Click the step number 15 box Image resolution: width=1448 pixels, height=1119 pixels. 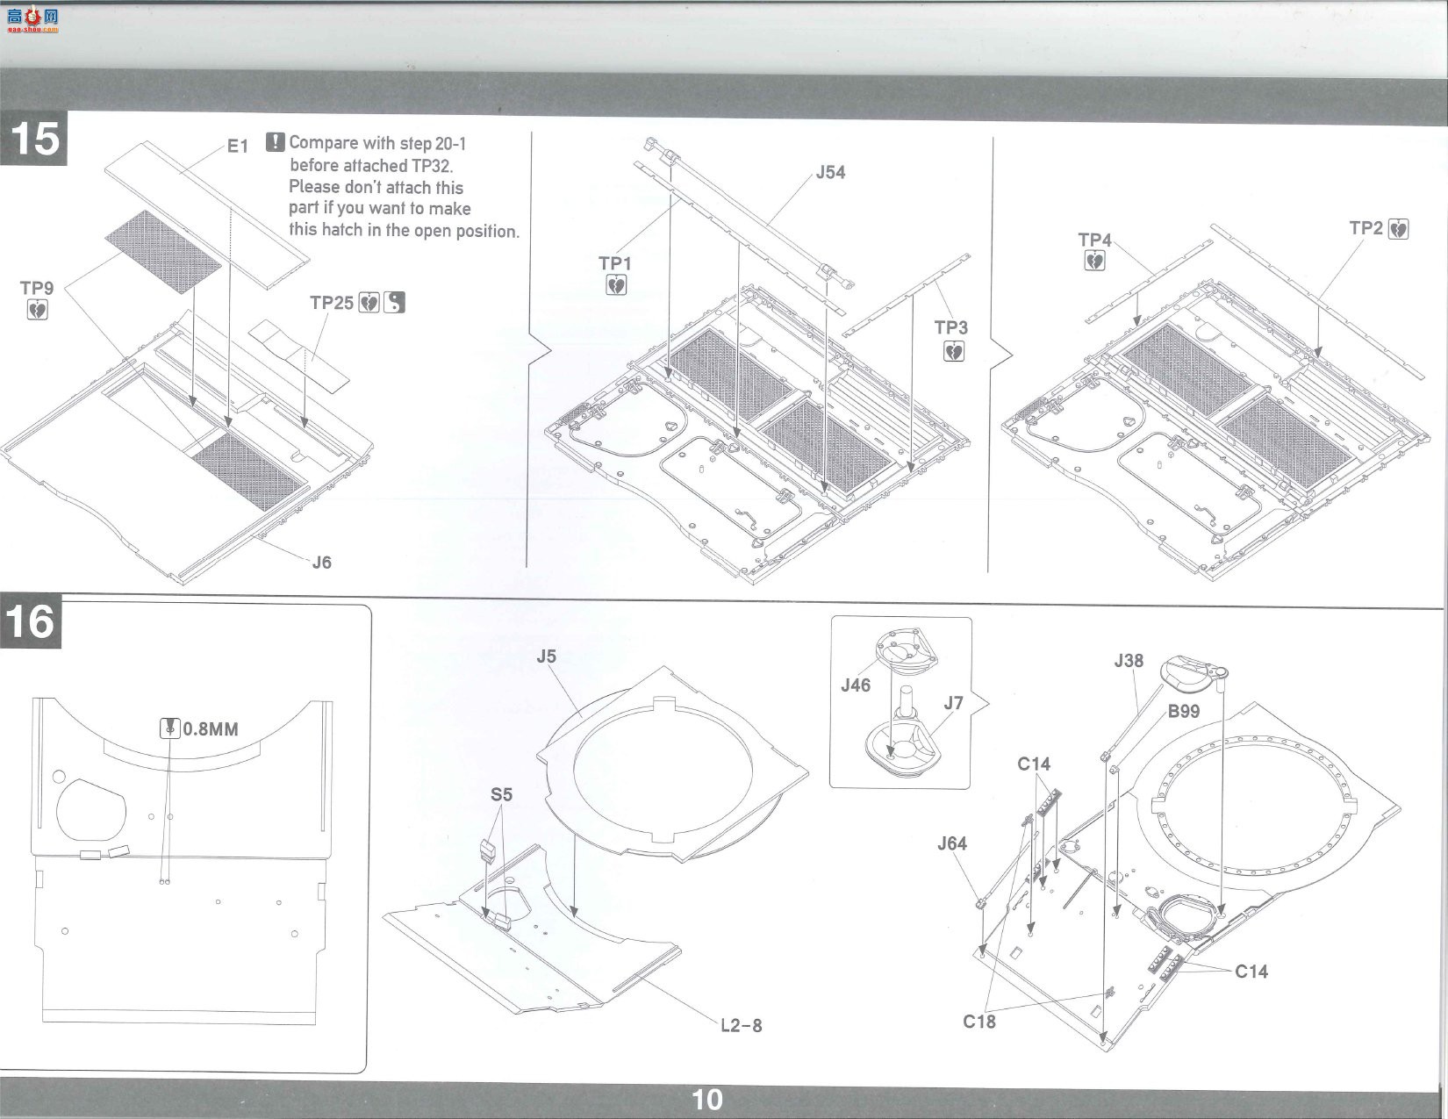point(33,139)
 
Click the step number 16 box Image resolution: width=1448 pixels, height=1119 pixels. point(31,621)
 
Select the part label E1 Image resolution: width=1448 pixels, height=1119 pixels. point(238,146)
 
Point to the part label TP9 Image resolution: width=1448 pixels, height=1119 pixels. point(37,288)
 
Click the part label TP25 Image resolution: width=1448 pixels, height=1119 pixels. point(331,303)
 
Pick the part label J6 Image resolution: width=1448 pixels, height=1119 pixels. point(322,563)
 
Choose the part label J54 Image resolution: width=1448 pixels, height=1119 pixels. point(830,172)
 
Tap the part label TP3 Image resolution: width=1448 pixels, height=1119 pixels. point(951,327)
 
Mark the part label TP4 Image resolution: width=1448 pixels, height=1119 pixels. point(1095,240)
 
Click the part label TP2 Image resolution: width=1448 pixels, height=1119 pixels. point(1366,228)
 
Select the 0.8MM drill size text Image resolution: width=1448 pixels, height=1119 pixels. point(211,729)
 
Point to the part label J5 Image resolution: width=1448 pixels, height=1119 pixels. point(546,656)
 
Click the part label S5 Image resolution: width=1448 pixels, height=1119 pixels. point(501,794)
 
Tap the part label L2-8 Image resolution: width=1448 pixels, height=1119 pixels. point(741,1025)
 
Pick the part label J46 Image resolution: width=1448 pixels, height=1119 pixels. point(856,685)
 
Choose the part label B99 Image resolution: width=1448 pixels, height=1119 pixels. point(1184,711)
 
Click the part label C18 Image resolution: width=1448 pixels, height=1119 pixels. point(978,1021)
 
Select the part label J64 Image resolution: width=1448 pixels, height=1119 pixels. point(951,843)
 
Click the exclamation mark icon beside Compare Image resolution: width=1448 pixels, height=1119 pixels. point(275,142)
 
